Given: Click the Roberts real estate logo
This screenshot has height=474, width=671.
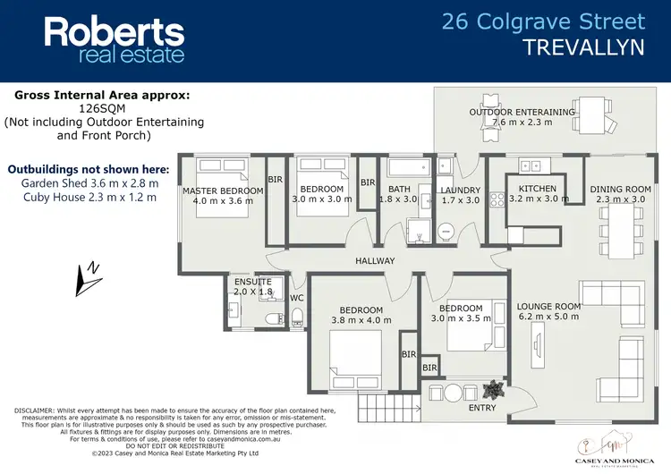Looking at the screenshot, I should pos(115,40).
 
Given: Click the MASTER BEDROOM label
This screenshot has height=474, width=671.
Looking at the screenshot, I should pos(223,190).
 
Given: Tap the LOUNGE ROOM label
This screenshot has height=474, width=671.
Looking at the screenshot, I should pos(548,306).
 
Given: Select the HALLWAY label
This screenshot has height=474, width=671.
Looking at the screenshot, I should pos(374,261).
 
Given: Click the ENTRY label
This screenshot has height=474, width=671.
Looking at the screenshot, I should pos(481,408).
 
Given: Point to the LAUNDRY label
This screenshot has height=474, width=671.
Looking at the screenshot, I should pos(461,190).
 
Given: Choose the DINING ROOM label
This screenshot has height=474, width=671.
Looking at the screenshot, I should pos(620,189).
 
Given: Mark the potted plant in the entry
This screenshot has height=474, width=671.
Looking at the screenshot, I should pos(490,390).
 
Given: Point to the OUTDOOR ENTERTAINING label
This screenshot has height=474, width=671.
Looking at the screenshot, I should pos(522,112).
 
